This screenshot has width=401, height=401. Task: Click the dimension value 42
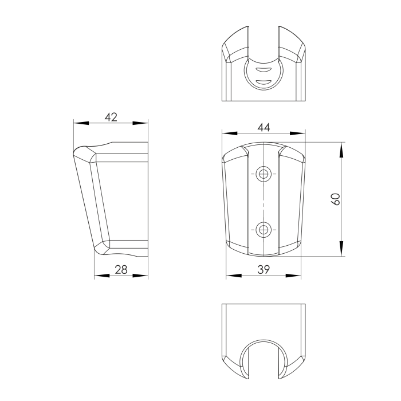111,117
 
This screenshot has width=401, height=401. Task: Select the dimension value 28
121,270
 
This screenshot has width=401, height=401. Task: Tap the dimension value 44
264,127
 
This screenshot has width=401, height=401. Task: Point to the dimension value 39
264,270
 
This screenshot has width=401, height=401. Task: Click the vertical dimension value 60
336,199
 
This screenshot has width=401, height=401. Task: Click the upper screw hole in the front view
264,174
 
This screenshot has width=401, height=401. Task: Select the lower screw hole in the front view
264,229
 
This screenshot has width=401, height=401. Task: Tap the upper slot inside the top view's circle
264,69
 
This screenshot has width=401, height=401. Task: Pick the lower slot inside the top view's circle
264,82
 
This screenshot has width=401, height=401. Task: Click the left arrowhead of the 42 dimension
81,123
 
